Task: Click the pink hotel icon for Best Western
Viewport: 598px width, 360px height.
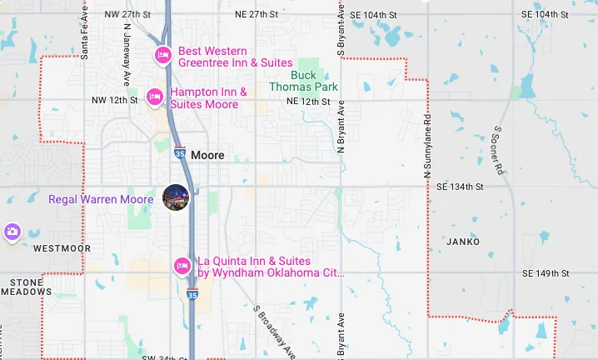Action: coord(163,56)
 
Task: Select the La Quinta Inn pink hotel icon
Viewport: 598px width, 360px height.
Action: coord(182,266)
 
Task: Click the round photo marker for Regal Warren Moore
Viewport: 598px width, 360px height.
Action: coord(176,198)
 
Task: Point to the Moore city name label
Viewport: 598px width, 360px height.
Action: coord(207,155)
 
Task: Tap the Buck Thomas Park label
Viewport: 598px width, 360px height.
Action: coord(303,81)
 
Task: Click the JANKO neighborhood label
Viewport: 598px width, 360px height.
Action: coord(464,242)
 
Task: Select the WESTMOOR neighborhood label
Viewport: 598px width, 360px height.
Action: coord(62,248)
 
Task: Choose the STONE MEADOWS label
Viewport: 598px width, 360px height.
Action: coord(27,287)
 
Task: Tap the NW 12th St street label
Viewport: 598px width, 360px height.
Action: coord(114,100)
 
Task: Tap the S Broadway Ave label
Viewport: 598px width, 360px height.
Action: coord(274,330)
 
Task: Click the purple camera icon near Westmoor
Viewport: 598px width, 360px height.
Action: coord(12,232)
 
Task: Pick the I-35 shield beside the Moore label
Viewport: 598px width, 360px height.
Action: coord(180,153)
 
